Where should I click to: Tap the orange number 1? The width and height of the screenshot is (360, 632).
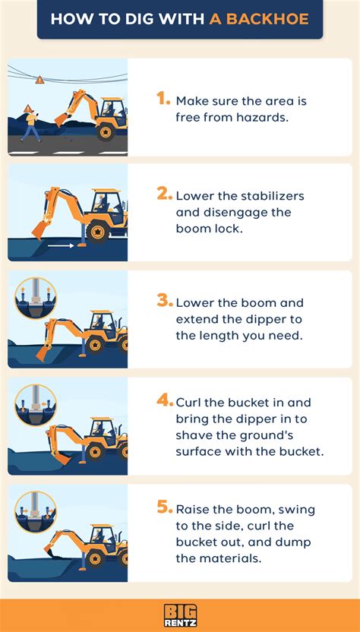tap(163, 98)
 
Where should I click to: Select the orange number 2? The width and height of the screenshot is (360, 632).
tap(164, 194)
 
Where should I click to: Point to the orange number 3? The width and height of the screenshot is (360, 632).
tap(165, 300)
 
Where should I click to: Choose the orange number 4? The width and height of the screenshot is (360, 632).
tap(164, 401)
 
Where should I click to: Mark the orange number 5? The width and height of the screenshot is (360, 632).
tap(165, 507)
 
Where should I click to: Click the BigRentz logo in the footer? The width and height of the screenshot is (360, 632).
tap(180, 614)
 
